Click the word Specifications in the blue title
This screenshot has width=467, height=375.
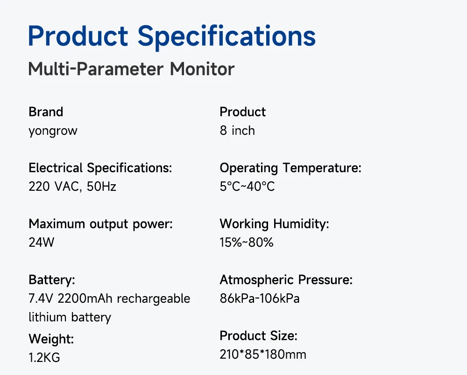[x=226, y=37]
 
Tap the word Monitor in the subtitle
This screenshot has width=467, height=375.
[x=202, y=69]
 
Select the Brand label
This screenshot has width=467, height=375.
[x=46, y=112]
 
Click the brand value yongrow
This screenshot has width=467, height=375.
[x=53, y=131]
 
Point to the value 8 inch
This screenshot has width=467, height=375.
[x=237, y=131]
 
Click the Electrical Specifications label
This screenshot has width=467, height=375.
[x=100, y=168]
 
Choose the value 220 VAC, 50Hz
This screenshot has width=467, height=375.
[x=72, y=187]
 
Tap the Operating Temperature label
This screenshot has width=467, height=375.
[x=290, y=168]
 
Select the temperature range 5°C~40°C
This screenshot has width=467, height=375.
[x=247, y=187]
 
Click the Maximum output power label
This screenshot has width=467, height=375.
[x=101, y=224]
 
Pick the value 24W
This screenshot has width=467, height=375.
[x=42, y=243]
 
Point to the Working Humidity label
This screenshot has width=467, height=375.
[x=274, y=224]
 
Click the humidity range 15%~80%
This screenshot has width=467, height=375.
[x=247, y=243]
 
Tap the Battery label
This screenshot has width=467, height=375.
[x=52, y=280]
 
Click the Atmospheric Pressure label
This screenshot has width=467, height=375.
[x=286, y=280]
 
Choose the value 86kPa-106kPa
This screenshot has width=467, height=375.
[x=260, y=299]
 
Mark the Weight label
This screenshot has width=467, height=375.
[x=51, y=339]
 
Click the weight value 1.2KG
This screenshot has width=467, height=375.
[x=44, y=358]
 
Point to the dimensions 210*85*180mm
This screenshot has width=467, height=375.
[x=263, y=354]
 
